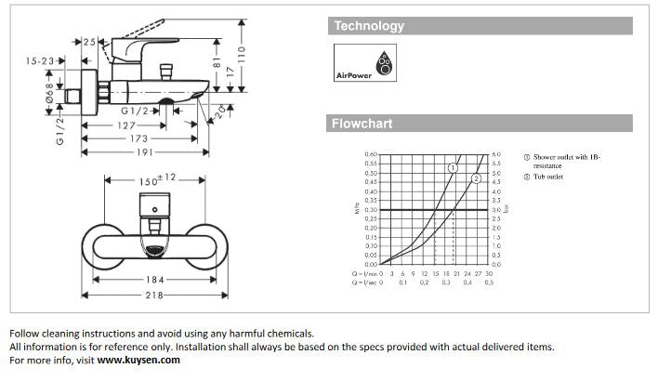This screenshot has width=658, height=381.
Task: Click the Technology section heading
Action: (369, 26)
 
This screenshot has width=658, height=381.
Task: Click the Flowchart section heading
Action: (362, 124)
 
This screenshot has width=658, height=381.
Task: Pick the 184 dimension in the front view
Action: (153, 280)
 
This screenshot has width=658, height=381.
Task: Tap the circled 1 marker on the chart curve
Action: (453, 167)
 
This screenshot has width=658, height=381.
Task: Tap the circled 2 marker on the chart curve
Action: (477, 178)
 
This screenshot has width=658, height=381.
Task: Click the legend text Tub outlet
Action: (547, 177)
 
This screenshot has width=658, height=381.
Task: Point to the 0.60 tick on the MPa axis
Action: (372, 154)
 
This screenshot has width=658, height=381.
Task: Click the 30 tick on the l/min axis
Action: (490, 273)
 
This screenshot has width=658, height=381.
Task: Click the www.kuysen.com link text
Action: (138, 361)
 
